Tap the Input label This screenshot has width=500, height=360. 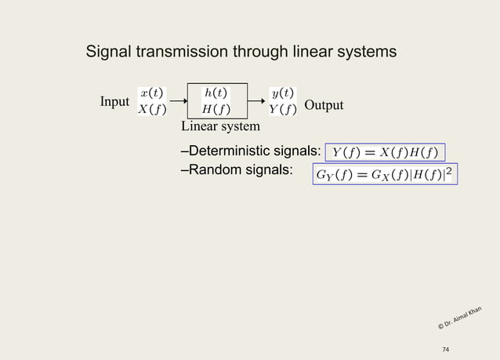[114, 103]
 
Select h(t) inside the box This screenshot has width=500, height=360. [216, 93]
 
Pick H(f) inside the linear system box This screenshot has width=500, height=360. [216, 109]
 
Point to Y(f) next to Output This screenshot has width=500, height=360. [282, 109]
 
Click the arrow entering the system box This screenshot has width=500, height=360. [177, 100]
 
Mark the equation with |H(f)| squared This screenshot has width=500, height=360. [384, 173]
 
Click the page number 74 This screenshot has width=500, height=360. [447, 349]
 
